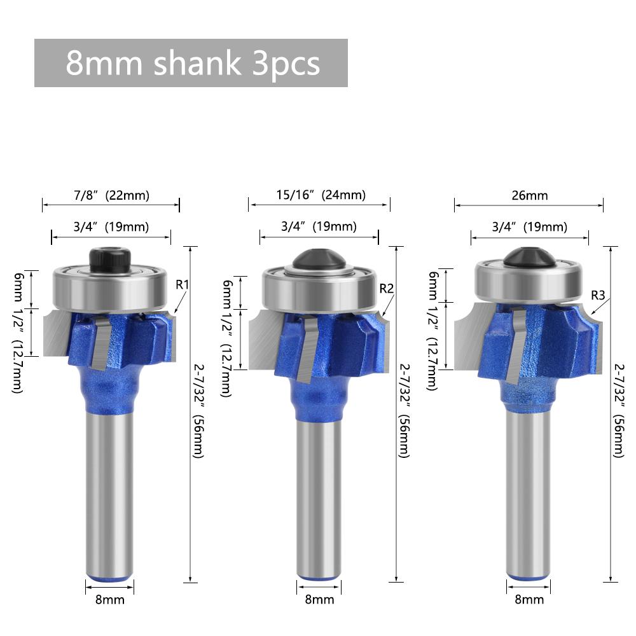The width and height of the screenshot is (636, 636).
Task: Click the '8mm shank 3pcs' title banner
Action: [x=191, y=63]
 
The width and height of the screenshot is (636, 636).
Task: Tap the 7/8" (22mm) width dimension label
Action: [x=111, y=195]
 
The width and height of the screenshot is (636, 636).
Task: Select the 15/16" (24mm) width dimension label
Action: [x=321, y=195]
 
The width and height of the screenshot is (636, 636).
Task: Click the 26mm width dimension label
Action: [x=529, y=196]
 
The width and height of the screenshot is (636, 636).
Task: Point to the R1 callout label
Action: [x=183, y=284]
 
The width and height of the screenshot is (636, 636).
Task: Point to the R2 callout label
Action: [x=387, y=289]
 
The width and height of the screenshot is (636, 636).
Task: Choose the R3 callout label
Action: [x=598, y=294]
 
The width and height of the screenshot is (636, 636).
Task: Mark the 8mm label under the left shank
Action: [x=110, y=599]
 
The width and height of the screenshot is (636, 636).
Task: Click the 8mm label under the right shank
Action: [x=529, y=599]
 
